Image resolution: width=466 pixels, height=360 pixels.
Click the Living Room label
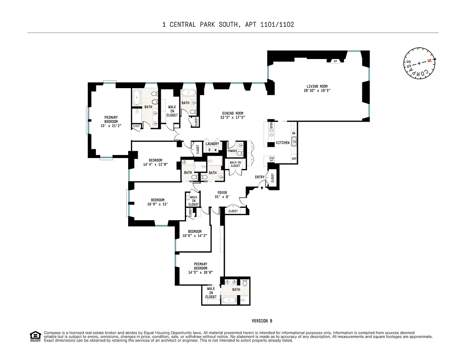[317, 87]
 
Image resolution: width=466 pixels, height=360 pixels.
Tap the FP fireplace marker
[336, 61]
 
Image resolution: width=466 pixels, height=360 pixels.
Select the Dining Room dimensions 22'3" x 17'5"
[233, 117]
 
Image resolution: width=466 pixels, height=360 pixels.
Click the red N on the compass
[429, 61]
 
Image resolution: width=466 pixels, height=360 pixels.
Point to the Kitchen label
[283, 143]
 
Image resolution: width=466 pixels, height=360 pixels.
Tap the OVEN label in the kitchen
[271, 125]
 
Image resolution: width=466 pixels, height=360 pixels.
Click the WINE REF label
[272, 159]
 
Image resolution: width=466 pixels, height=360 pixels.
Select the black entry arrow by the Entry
[262, 188]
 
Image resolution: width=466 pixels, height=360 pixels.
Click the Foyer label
[222, 193]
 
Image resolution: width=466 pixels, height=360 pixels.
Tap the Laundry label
[212, 144]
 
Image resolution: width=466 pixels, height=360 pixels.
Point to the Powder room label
[232, 151]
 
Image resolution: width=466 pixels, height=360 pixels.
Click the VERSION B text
[262, 321]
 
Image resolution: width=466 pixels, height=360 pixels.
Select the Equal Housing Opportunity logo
[35, 336]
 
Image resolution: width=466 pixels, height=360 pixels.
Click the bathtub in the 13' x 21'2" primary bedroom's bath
[137, 97]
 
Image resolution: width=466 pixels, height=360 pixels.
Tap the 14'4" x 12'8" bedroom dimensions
[155, 164]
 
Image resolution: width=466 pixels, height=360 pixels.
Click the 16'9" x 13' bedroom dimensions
[158, 204]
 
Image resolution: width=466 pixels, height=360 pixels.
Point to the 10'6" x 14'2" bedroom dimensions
[195, 236]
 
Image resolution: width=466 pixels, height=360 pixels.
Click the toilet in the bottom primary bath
[245, 283]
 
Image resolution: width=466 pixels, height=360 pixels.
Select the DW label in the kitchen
[294, 133]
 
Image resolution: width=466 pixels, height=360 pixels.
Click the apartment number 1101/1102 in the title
[277, 24]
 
